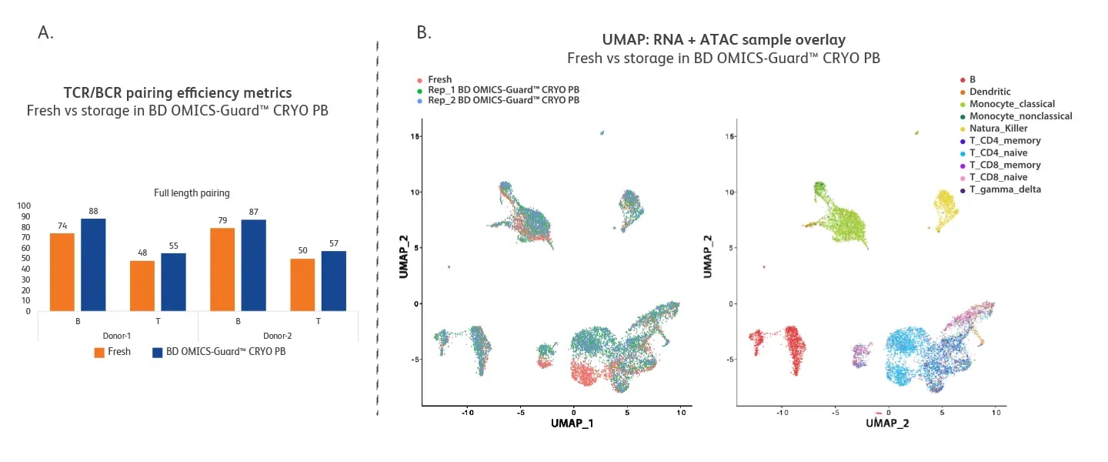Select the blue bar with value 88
[x=93, y=265]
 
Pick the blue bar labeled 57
[x=333, y=281]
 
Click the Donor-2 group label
[x=278, y=336]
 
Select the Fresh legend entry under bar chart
[x=112, y=352]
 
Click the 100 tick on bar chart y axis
[x=25, y=206]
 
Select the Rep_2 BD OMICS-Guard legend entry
[x=503, y=100]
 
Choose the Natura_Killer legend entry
[x=998, y=129]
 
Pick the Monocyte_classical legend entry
[x=1011, y=104]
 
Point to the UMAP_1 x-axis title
[x=572, y=423]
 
